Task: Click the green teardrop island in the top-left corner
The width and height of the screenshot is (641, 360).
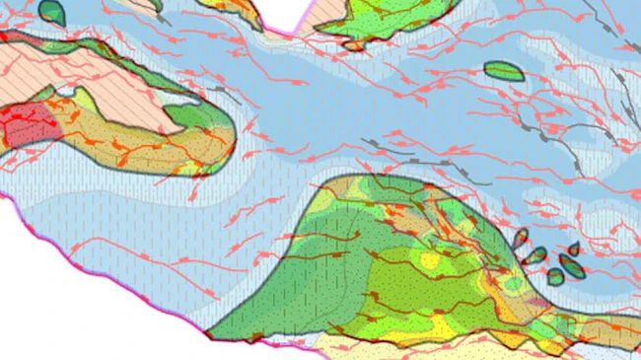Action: pos(51,11)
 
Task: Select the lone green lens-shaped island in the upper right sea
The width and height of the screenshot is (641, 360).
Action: pos(505,71)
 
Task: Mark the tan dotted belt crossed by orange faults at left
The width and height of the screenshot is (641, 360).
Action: pos(128,143)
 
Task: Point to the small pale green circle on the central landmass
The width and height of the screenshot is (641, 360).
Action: pos(514,285)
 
